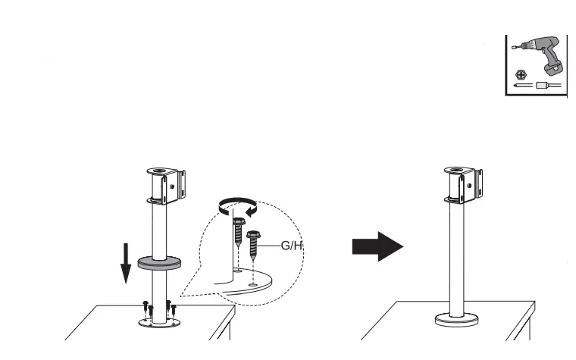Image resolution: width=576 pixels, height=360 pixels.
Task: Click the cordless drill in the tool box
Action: [x=539, y=55]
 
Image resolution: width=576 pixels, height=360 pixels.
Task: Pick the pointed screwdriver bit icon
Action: [x=521, y=88]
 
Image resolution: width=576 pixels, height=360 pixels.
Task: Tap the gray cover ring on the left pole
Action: [x=159, y=263]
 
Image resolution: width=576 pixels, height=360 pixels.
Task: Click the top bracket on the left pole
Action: [x=165, y=185]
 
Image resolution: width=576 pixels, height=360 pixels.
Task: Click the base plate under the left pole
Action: [x=159, y=322]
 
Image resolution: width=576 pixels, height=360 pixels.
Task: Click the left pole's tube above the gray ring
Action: [x=159, y=231]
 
